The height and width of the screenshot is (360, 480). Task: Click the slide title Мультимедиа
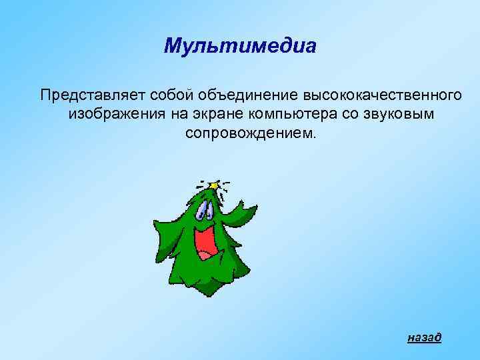click(x=239, y=47)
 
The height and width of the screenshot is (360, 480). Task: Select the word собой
click(x=152, y=94)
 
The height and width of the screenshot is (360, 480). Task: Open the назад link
click(x=424, y=337)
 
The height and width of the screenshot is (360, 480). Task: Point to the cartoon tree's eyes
click(x=203, y=211)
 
